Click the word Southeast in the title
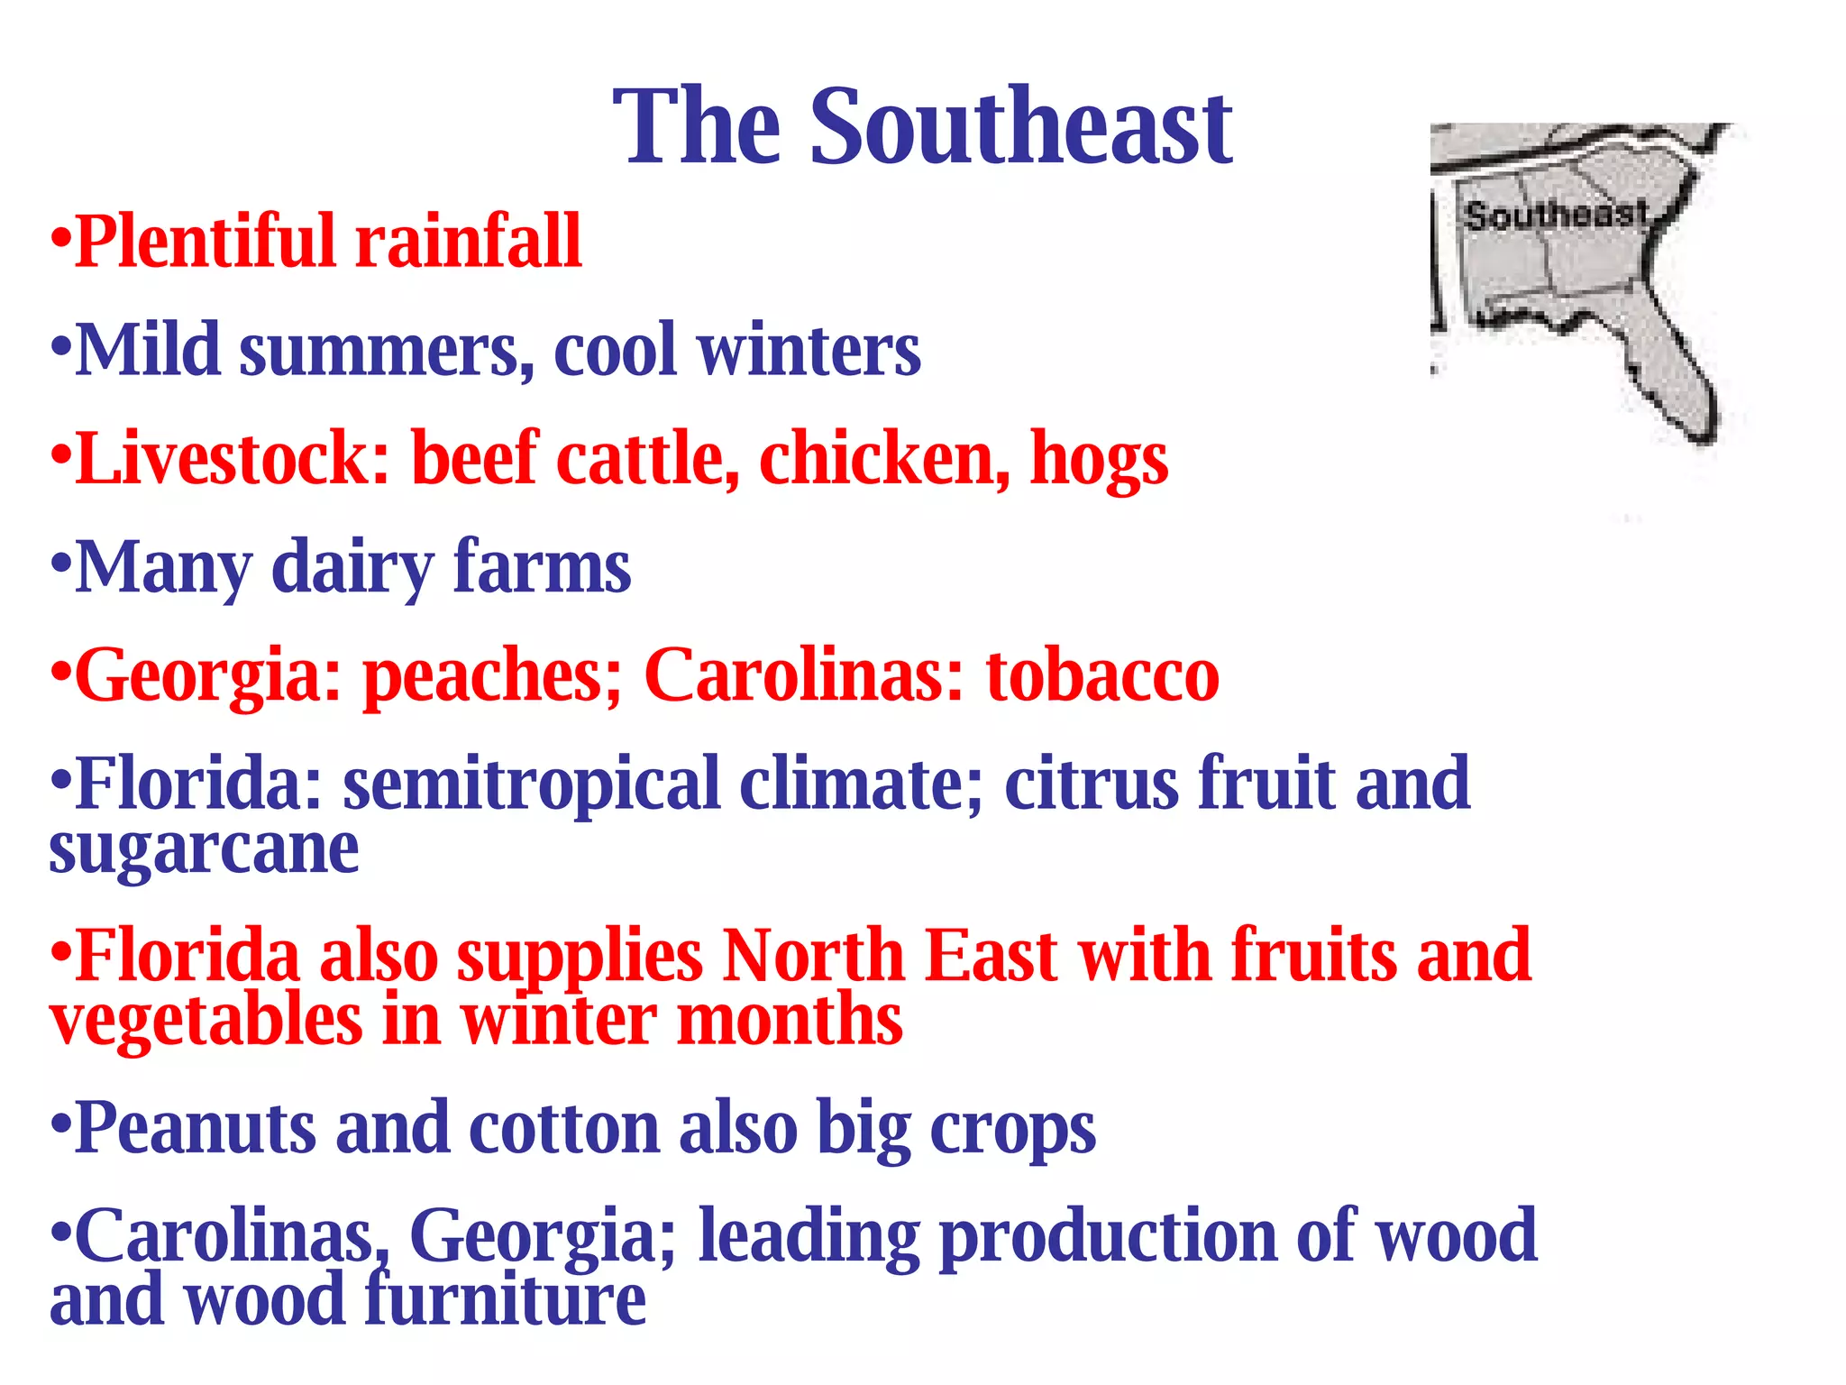click(1020, 128)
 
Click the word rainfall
click(468, 242)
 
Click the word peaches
click(492, 676)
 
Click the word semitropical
click(531, 783)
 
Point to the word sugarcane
click(204, 850)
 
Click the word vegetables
click(206, 1022)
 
